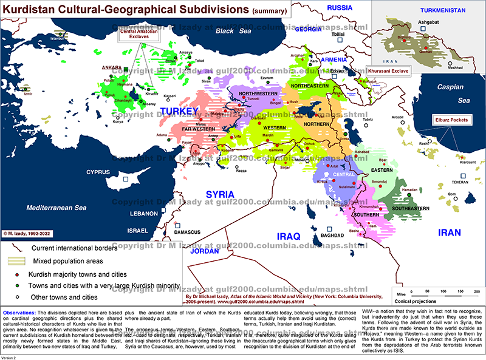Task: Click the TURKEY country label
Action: coord(180,112)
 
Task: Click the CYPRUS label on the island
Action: coord(97,172)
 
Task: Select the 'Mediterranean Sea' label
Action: coord(56,208)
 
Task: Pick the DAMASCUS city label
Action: coord(187,232)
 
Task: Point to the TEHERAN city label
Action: coord(460,182)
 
